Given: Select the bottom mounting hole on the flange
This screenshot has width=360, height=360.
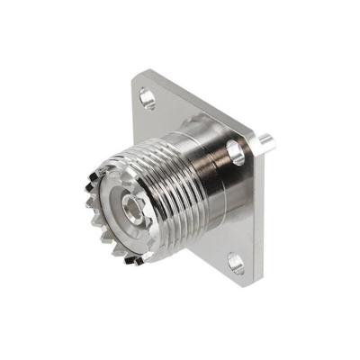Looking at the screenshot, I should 236,263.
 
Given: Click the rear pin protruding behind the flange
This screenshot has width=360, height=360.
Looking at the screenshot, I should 265,141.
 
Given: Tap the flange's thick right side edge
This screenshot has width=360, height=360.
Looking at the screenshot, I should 260,216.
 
